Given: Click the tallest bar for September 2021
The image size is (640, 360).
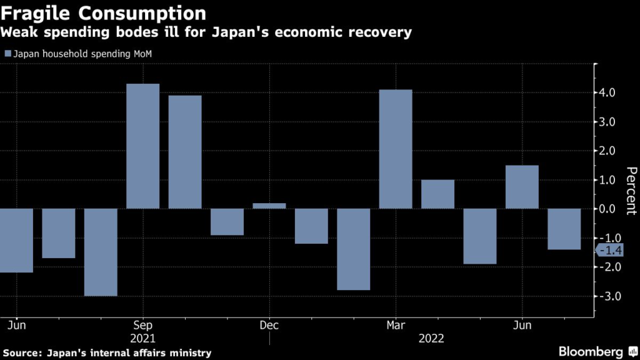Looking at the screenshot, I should click(142, 146).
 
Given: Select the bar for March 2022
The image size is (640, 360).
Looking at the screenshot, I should click(396, 149).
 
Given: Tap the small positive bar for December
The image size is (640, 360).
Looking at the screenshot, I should click(269, 206).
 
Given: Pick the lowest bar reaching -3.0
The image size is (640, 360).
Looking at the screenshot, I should click(101, 252).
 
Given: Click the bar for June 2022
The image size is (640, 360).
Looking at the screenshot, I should click(522, 187).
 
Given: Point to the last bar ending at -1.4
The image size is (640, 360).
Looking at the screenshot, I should click(564, 229).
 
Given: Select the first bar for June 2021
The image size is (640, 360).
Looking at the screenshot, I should click(16, 241).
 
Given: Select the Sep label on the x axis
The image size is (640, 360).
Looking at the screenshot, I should click(143, 325).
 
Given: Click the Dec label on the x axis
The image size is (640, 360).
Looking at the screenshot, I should click(269, 325).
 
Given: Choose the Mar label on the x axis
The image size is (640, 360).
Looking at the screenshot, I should click(396, 325).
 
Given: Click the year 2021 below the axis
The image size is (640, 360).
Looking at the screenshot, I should click(143, 338).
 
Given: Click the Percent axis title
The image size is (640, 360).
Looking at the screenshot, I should click(631, 191).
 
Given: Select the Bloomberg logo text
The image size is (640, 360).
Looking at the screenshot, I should click(591, 352).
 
